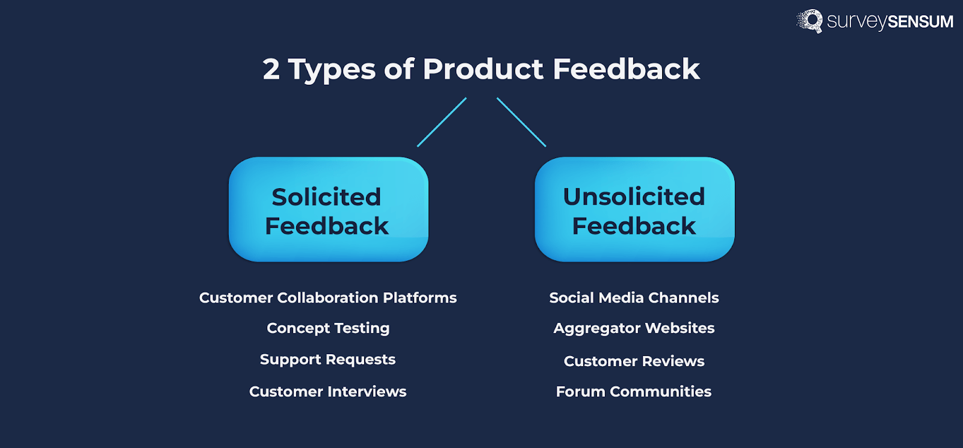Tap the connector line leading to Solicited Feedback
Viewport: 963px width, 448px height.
coord(442,122)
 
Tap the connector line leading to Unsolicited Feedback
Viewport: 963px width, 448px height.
coord(521,122)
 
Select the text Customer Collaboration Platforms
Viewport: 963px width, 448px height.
coord(328,298)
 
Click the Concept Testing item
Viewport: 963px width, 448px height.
coord(328,328)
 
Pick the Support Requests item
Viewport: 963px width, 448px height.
coord(328,360)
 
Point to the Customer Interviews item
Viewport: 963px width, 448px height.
coord(328,391)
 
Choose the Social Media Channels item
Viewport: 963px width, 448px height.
coord(634,298)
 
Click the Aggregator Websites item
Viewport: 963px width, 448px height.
coord(634,328)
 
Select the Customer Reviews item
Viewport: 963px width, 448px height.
coord(634,361)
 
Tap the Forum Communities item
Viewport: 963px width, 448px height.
coord(634,391)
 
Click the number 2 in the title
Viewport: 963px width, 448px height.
coord(271,69)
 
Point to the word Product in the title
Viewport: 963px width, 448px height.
coord(483,69)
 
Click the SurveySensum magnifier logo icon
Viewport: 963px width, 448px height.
coord(810,21)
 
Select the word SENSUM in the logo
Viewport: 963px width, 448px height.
coord(920,22)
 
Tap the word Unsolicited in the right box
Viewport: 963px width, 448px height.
coord(634,197)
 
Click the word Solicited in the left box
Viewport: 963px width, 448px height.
coord(326,197)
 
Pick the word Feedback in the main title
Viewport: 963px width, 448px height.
coord(626,69)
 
